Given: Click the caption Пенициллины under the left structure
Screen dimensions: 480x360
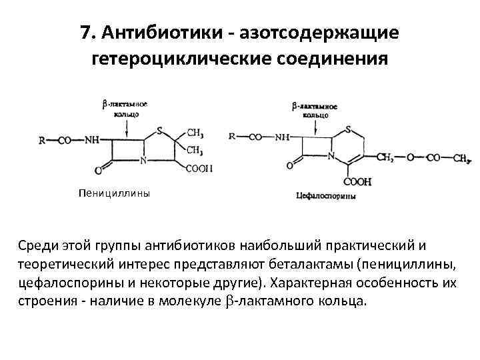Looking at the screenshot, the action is coord(113,194).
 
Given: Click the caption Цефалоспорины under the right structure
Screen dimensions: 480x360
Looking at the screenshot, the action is coord(325,196).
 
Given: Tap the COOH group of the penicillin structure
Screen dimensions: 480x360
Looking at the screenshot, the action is coord(199,169).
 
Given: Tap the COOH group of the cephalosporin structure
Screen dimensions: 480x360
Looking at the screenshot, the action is coord(358,181).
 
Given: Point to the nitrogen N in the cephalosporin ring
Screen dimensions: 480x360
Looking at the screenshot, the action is coord(331,156).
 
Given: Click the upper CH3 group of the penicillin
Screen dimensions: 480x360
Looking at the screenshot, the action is coord(195,133).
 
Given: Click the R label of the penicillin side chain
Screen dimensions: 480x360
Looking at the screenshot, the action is coord(42,141).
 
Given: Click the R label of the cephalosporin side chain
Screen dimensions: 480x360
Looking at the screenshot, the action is coord(232,137).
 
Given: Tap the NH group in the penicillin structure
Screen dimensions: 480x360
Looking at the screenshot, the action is coord(93,141).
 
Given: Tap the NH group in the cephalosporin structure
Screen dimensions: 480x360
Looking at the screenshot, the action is coord(282,137).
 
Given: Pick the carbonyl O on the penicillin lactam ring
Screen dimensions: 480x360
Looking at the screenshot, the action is coord(99,169).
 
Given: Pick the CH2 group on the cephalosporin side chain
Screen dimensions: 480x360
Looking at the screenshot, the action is coord(384,158).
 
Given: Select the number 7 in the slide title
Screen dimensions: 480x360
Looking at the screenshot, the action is coord(85,33).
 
